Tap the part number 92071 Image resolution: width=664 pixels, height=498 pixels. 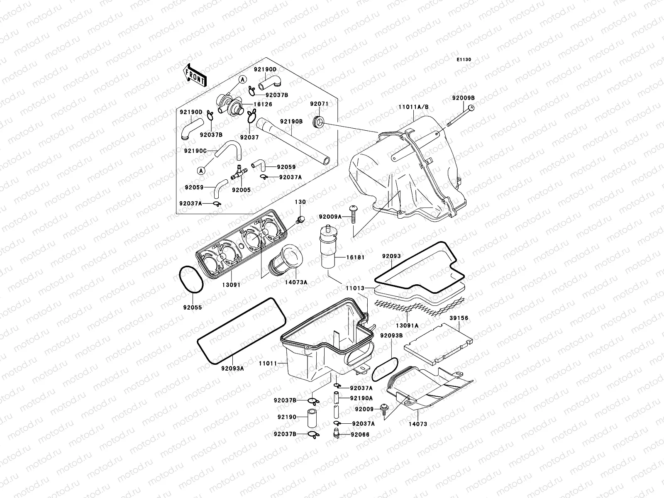[319, 104]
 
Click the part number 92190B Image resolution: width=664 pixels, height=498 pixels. [291, 122]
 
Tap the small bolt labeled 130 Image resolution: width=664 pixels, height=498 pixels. [300, 219]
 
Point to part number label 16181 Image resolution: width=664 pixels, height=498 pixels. [356, 257]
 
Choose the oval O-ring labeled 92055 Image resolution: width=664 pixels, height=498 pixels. [191, 279]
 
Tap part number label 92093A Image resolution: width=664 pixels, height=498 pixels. [232, 368]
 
